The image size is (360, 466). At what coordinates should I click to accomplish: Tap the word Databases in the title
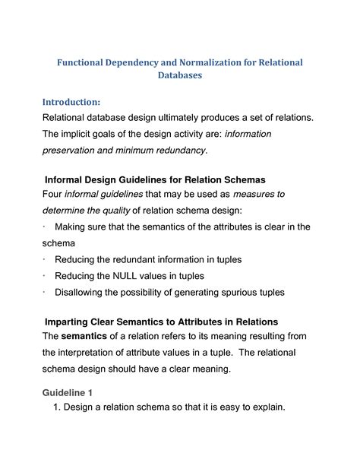pyautogui.click(x=179, y=76)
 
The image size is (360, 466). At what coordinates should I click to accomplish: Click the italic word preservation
pyautogui.click(x=74, y=151)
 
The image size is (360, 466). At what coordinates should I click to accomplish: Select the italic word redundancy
pyautogui.click(x=178, y=151)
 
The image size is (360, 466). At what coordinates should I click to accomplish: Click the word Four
pyautogui.click(x=54, y=194)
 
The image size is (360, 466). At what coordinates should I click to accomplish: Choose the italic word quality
pyautogui.click(x=115, y=211)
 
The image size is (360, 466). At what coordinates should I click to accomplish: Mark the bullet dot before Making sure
pyautogui.click(x=46, y=227)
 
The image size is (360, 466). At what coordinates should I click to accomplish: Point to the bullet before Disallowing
pyautogui.click(x=46, y=291)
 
